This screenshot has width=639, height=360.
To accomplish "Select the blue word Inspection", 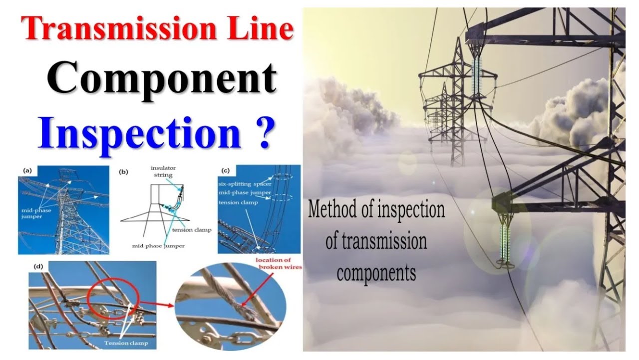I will (139, 132).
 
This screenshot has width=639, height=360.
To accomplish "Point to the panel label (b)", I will (123, 172).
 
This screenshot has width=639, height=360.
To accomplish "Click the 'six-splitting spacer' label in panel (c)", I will (244, 184).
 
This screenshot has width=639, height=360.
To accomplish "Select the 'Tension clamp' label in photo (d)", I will (123, 343).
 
